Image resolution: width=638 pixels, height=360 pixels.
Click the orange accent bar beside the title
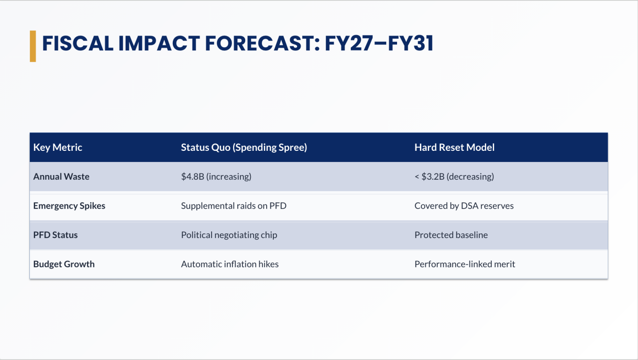click(33, 46)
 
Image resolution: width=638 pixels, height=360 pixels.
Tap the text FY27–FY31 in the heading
click(379, 43)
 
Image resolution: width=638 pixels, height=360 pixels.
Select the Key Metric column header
click(57, 148)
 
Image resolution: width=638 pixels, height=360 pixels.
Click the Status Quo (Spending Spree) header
click(244, 148)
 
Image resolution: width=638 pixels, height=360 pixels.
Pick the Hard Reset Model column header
click(454, 148)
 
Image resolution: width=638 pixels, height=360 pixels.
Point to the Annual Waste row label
click(61, 176)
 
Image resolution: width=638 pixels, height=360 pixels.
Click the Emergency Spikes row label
click(69, 206)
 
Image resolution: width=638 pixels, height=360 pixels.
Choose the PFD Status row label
click(55, 235)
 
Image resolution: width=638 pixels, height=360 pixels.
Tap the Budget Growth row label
click(64, 264)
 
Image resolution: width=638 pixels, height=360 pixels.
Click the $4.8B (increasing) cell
click(216, 176)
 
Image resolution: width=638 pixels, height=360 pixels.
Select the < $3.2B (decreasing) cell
click(454, 176)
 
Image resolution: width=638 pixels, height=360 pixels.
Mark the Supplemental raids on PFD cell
click(234, 206)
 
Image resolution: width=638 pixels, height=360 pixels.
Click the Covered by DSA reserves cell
click(464, 206)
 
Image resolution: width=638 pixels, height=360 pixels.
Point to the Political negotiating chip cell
click(229, 235)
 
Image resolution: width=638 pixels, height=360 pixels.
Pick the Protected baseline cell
click(451, 235)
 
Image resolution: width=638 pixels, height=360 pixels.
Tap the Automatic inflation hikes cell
click(230, 264)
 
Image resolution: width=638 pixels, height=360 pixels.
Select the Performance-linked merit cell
click(465, 264)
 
